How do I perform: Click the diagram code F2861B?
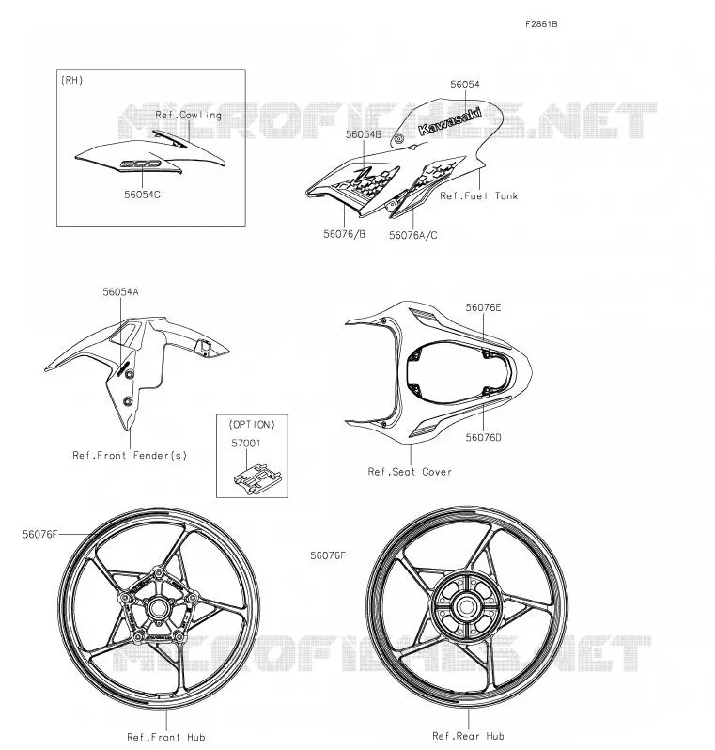541,24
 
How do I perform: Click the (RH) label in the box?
72,80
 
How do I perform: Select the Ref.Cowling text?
189,115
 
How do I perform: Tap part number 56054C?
142,195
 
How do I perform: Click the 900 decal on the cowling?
140,164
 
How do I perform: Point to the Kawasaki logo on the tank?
449,121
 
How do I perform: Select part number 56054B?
364,134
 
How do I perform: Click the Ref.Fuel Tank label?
479,195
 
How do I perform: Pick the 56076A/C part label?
413,235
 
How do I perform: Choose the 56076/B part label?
345,234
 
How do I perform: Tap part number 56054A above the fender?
120,291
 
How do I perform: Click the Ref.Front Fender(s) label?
130,455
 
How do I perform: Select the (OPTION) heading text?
252,424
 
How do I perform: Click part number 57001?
246,444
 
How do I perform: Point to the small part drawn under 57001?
256,477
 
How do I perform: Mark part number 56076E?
484,307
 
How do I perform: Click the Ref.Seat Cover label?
410,472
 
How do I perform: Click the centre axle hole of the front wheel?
157,608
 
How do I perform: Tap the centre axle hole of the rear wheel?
466,606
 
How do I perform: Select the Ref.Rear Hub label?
468,736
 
